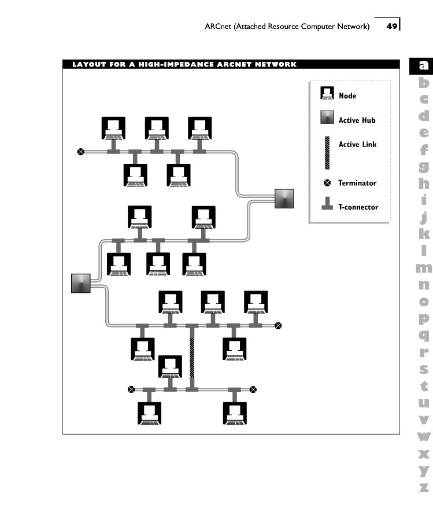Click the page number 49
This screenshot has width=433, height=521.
tap(391, 26)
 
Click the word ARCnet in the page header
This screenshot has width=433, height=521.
tap(218, 26)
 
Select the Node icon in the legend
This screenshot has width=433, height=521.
tap(327, 93)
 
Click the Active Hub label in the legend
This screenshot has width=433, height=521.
tap(357, 120)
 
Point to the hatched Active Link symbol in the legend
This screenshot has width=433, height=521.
tap(327, 153)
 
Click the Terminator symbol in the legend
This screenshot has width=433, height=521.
tap(327, 183)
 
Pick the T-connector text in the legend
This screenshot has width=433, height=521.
tap(358, 207)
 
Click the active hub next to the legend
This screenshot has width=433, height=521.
tap(284, 199)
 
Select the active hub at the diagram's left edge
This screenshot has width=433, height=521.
tap(81, 284)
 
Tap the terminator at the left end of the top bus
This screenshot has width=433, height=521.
tap(80, 152)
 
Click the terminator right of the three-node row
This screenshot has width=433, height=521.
tap(278, 325)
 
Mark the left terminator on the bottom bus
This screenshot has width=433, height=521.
tap(131, 390)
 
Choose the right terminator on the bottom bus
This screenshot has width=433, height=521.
tap(253, 390)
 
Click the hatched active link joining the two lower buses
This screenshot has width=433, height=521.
tap(192, 358)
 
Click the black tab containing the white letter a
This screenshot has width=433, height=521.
tap(421, 66)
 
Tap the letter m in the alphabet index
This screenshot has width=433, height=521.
tap(424, 267)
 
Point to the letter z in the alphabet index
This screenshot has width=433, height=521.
tap(424, 487)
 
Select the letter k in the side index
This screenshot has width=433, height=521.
tap(424, 233)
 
